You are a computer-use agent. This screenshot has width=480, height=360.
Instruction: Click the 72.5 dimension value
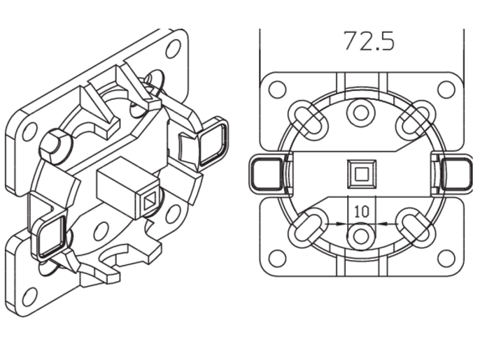pos(369,41)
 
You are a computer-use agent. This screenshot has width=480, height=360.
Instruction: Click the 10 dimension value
pos(362,212)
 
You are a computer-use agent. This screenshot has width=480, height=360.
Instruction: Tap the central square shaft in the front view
pos(362,174)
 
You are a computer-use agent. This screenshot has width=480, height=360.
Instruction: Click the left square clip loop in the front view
pos(267,174)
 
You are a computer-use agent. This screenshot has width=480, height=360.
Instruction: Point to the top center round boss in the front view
pos(361,113)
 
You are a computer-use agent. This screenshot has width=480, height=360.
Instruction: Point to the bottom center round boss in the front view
pos(361,236)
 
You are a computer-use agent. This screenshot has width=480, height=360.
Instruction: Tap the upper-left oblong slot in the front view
pos(307,120)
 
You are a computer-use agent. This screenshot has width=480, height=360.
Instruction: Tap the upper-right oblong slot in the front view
pos(416,120)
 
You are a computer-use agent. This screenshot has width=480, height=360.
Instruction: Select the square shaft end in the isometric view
pos(150,201)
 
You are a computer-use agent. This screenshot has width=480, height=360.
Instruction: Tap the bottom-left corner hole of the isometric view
pos(29,296)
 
